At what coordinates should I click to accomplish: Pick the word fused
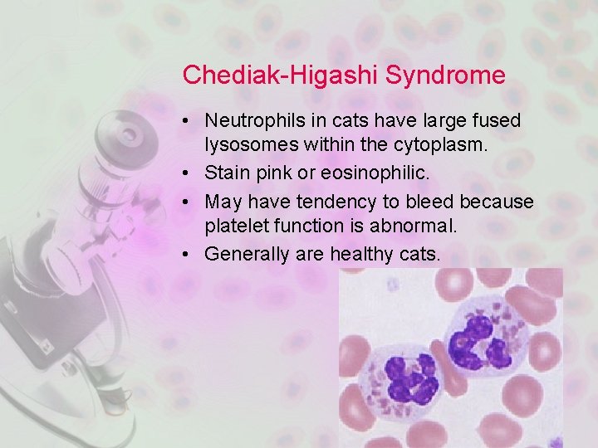pos(498,121)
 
